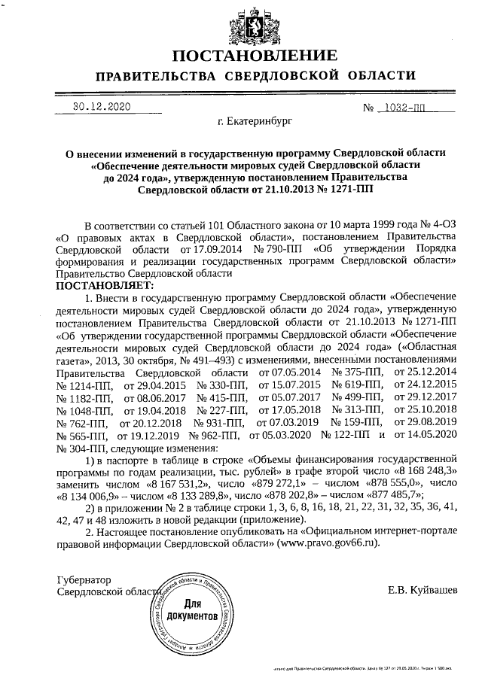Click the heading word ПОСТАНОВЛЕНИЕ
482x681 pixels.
pyautogui.click(x=255, y=57)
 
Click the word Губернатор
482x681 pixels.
pyautogui.click(x=84, y=580)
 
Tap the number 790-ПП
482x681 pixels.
pyautogui.click(x=278, y=248)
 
